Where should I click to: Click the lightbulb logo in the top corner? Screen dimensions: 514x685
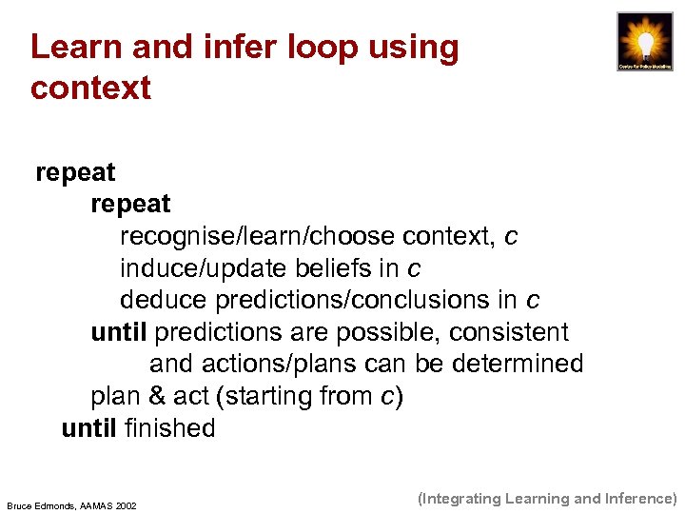point(644,43)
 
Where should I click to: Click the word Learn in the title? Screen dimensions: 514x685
point(69,47)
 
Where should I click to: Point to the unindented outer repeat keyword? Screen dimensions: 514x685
point(75,172)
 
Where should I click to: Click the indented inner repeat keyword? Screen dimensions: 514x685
point(130,204)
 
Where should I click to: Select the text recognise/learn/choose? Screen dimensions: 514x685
point(258,236)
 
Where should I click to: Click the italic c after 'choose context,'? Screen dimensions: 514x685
point(512,236)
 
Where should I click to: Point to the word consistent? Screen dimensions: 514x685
point(509,332)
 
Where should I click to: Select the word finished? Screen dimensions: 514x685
point(170,428)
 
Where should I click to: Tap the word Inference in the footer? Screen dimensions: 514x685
point(638,498)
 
